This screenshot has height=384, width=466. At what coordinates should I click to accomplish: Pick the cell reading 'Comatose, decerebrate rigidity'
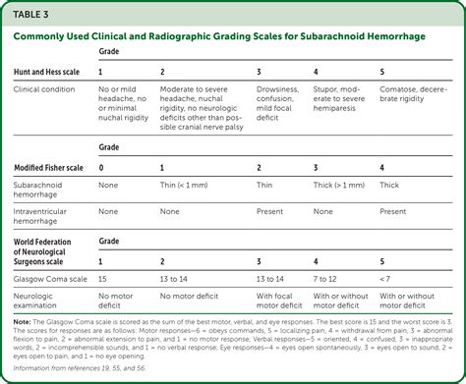[410, 94]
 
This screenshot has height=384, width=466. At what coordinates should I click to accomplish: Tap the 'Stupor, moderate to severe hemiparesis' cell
[339, 100]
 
